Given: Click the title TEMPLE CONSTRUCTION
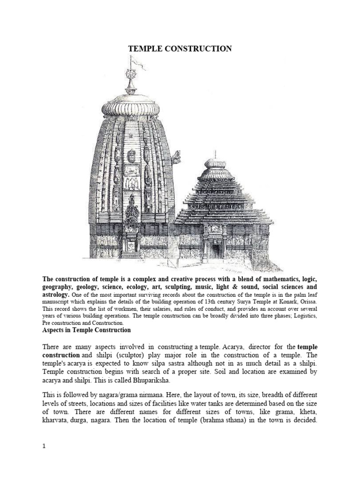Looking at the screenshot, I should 180,49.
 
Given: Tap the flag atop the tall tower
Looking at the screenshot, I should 136,60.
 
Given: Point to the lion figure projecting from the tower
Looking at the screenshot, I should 177,157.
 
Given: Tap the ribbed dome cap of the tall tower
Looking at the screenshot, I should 130,104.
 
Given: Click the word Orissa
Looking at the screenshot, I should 307,302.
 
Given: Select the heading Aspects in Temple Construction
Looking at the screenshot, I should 87,330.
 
